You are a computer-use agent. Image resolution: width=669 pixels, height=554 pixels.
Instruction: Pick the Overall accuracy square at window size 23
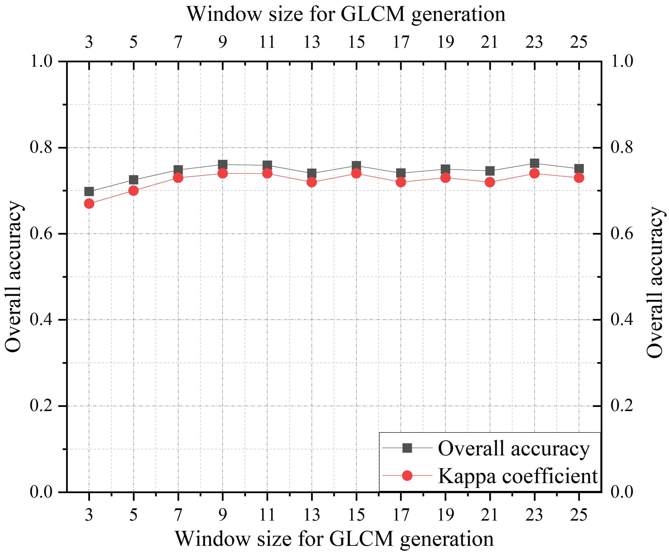click(534, 163)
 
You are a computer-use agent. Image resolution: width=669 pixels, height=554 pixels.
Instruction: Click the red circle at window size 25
click(579, 178)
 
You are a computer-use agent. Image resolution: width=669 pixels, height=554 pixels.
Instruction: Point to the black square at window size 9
click(223, 164)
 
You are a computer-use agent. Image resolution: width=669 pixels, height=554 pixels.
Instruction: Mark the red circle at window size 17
click(401, 182)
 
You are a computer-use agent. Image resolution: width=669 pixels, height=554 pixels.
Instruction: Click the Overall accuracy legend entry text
click(513, 449)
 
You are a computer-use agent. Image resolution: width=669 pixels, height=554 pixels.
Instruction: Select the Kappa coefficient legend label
click(518, 476)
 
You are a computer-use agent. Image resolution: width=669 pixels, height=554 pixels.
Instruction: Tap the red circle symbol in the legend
click(407, 476)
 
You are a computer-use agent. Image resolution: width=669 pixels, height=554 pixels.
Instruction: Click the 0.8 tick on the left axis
click(41, 148)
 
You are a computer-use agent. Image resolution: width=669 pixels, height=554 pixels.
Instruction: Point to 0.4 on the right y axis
click(621, 320)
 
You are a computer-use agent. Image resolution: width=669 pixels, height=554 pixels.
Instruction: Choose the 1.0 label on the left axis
click(41, 61)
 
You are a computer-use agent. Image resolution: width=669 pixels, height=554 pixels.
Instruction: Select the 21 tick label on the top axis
click(489, 42)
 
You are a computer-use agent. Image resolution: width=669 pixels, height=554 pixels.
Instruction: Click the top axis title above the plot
click(346, 14)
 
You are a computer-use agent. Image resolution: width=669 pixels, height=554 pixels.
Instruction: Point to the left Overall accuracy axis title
click(13, 277)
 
